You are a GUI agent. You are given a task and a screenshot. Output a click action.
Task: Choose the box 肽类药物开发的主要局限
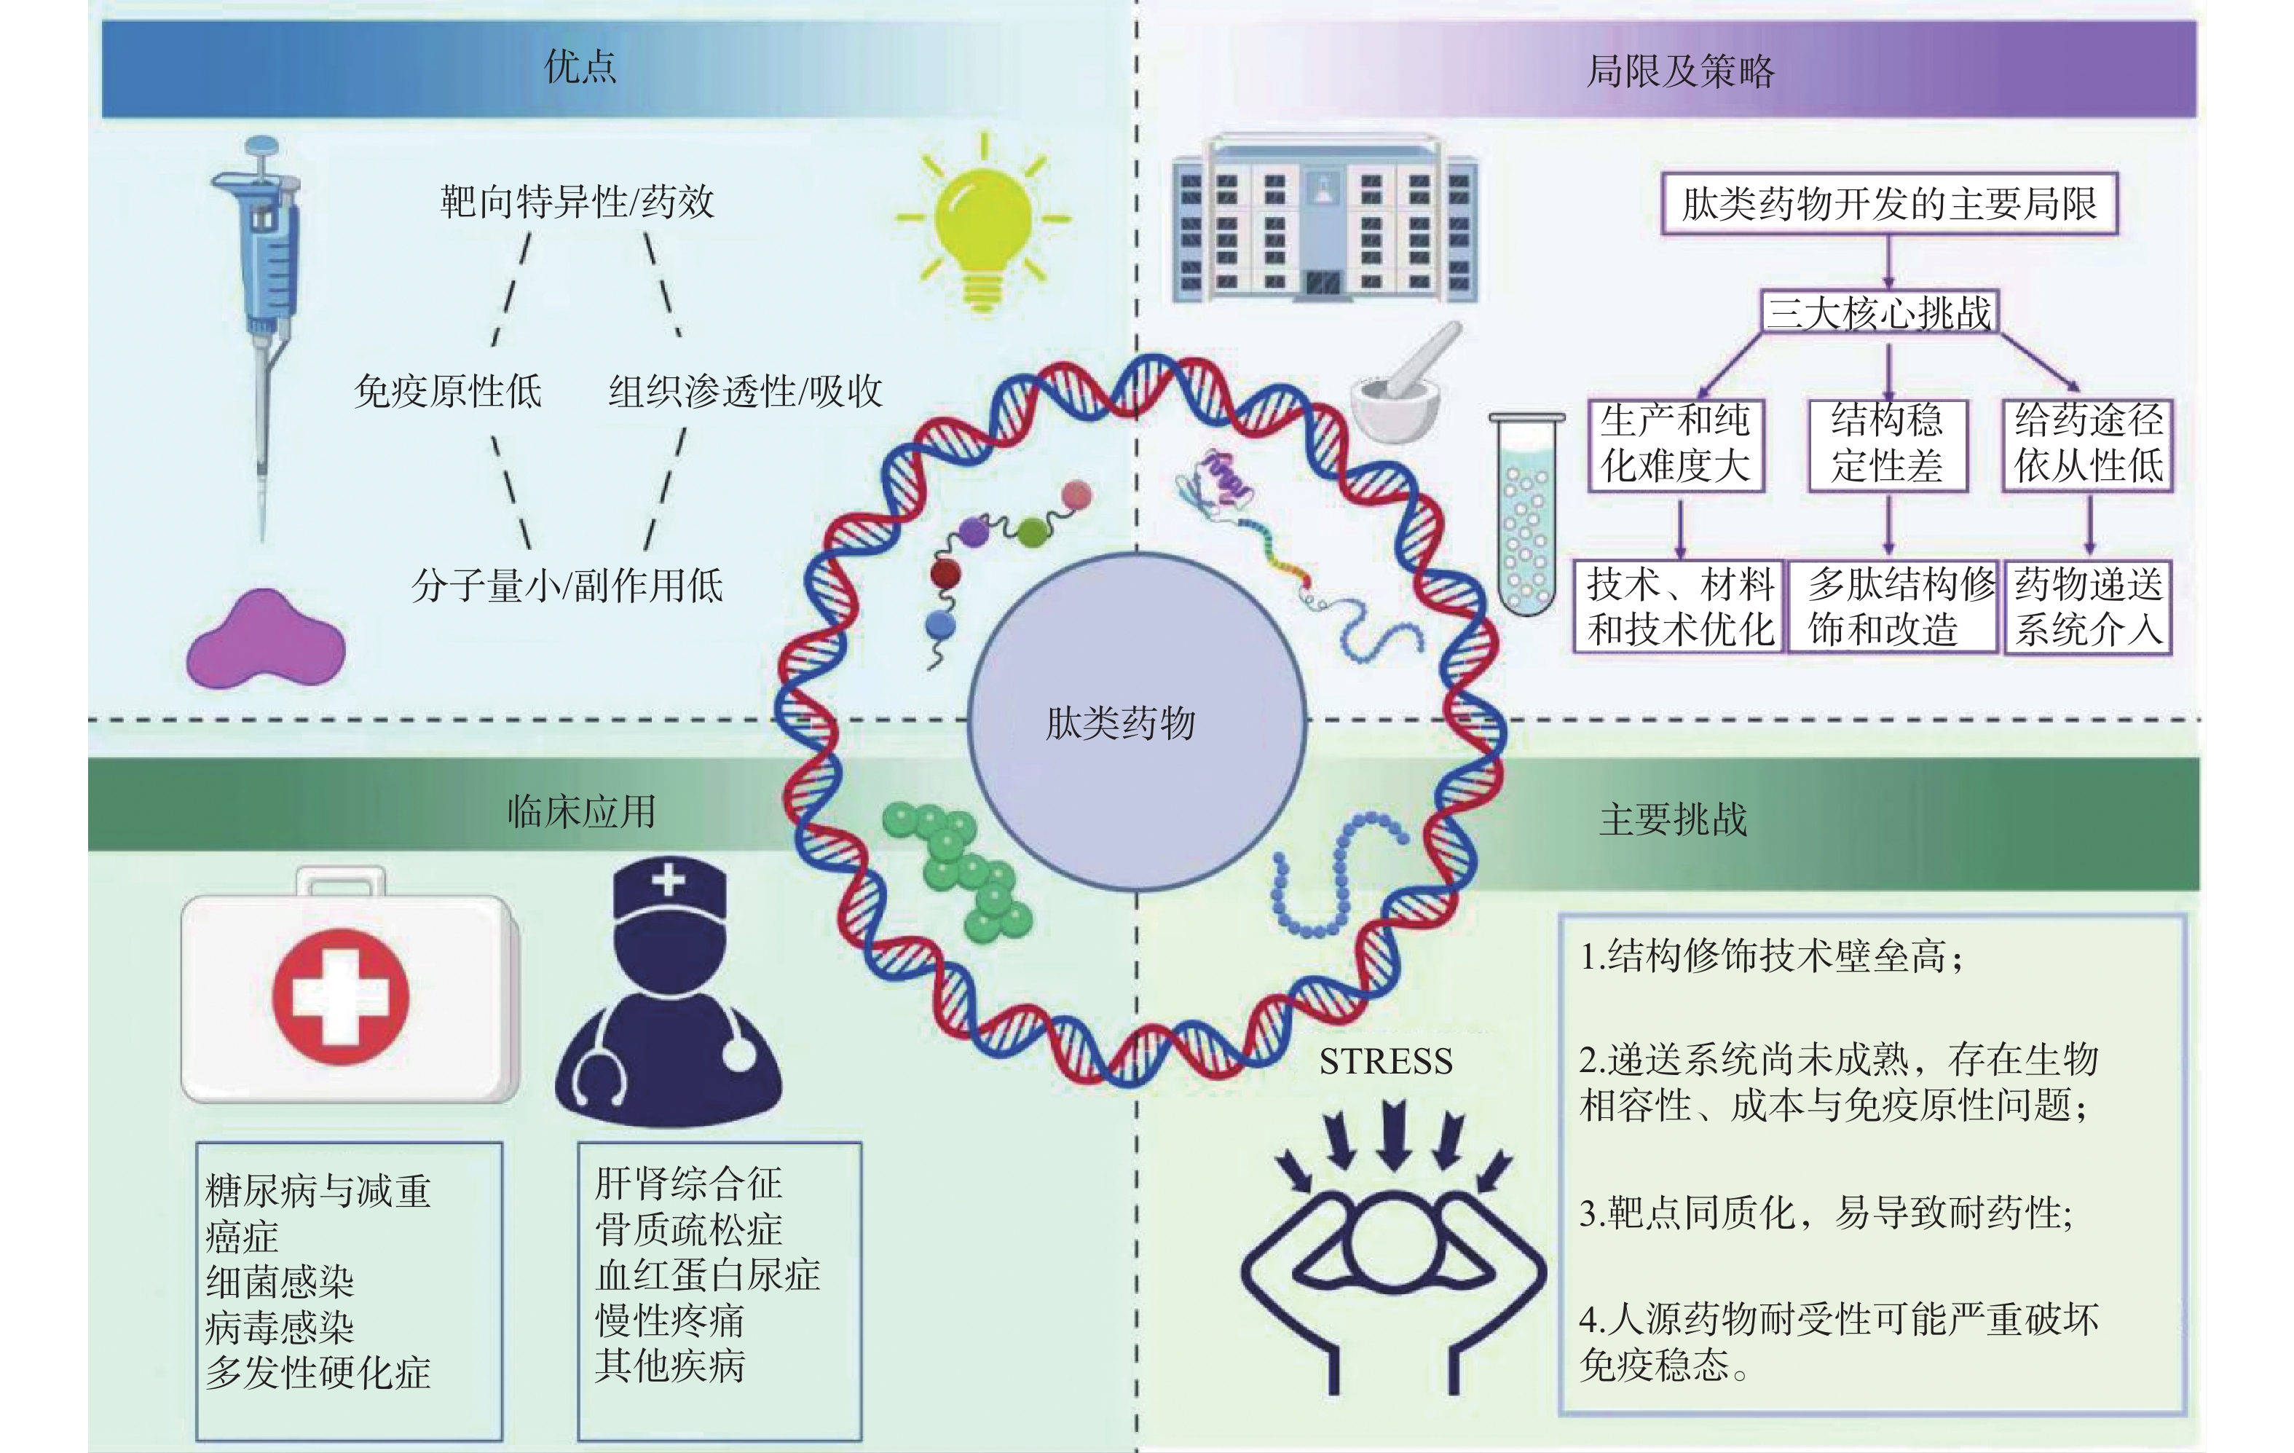(1888, 204)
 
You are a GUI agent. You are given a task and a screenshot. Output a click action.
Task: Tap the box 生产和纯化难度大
(1676, 444)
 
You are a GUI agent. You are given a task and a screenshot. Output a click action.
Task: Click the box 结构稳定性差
(1887, 444)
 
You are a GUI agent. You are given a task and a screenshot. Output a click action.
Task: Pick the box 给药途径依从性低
(2087, 444)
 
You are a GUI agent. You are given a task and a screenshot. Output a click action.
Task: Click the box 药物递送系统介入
(2087, 607)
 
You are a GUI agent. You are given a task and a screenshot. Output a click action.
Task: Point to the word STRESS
(1385, 1061)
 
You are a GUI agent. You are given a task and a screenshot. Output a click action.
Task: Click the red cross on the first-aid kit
(341, 996)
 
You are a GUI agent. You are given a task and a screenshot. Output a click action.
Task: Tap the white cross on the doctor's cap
(669, 878)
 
